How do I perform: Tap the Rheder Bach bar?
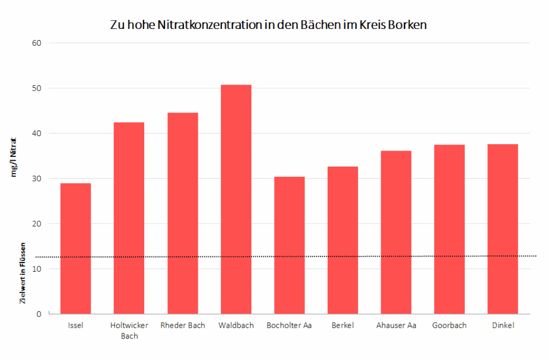[x=182, y=213]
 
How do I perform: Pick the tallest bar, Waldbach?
[x=236, y=199]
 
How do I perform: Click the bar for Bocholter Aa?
[x=289, y=245]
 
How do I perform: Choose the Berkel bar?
[x=343, y=240]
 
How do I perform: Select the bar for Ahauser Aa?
[x=396, y=232]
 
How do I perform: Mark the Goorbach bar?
[x=449, y=229]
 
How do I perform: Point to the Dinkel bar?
[x=502, y=229]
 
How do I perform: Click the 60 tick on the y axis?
[x=37, y=43]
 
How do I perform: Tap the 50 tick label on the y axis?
[x=37, y=88]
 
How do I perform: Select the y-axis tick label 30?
[x=37, y=178]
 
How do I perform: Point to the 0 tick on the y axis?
[x=39, y=314]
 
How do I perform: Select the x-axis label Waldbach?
[x=236, y=325]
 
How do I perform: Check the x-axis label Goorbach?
[x=449, y=325]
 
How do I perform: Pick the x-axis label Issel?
[x=76, y=325]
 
